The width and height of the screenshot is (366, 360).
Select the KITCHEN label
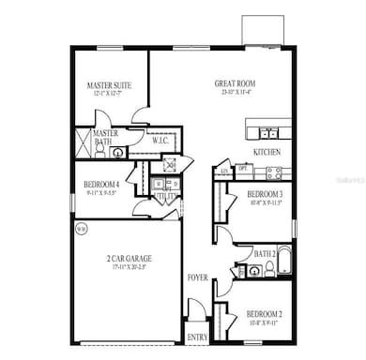click(x=267, y=151)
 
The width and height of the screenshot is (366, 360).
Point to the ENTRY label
click(x=199, y=337)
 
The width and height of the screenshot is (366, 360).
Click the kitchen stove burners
click(x=274, y=172)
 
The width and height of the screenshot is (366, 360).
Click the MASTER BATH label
click(x=104, y=138)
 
